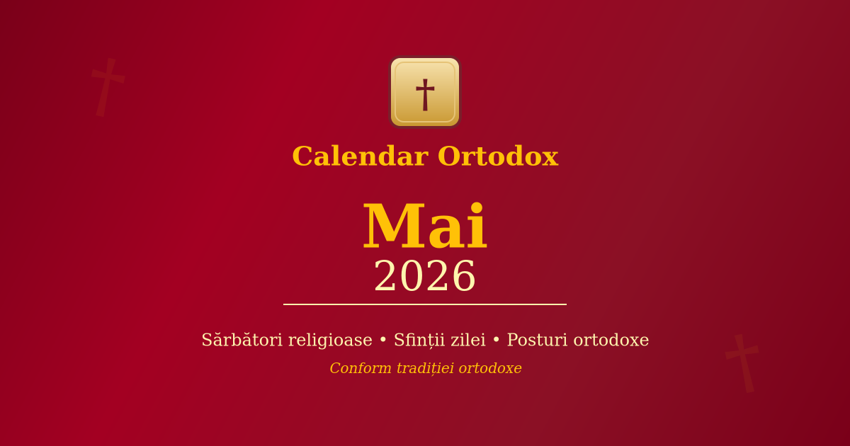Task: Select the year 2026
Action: [x=425, y=277]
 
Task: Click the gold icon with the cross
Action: [x=425, y=92]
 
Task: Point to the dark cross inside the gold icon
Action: [x=425, y=94]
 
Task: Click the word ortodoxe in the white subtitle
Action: [x=611, y=341]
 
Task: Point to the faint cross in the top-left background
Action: [x=107, y=86]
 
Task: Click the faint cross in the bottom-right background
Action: [x=742, y=362]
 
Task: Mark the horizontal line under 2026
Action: [x=425, y=304]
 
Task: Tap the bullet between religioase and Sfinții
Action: [x=383, y=341]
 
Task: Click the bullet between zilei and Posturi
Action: [x=497, y=341]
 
